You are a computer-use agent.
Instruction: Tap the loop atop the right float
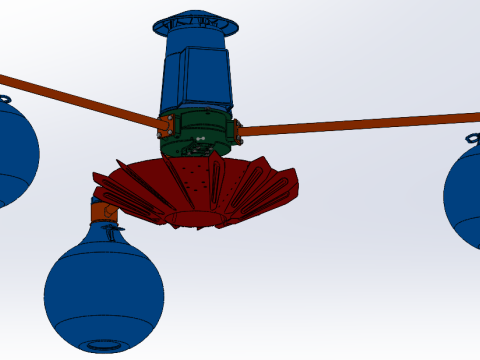pyautogui.click(x=474, y=138)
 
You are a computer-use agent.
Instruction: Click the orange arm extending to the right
pyautogui.click(x=360, y=125)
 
